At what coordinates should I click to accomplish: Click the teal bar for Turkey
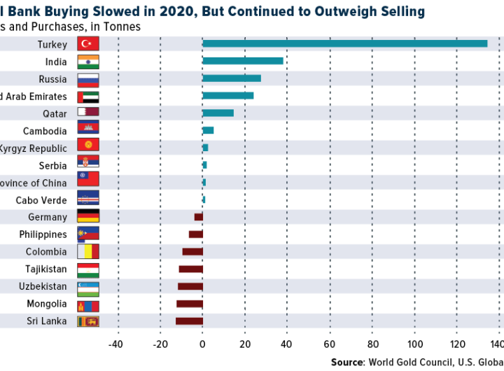[344, 44]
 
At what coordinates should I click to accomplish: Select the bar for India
[243, 61]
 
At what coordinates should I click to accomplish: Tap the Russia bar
[232, 78]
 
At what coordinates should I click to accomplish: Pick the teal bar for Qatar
[218, 113]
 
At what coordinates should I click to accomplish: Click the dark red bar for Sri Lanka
[189, 321]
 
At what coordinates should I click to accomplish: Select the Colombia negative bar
[192, 252]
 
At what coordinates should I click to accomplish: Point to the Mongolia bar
[190, 304]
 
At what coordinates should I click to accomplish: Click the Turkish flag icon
[88, 44]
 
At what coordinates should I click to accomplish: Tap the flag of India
[88, 62]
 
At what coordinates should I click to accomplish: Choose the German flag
[88, 217]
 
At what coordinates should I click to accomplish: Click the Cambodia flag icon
[88, 131]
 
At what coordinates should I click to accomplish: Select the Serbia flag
[88, 165]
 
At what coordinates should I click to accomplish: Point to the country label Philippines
[43, 234]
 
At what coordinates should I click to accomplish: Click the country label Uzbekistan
[43, 286]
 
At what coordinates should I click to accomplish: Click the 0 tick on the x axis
[202, 344]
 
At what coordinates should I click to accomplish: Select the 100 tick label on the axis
[415, 344]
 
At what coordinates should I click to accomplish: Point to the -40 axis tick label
[115, 344]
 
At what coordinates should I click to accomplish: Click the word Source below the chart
[348, 362]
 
